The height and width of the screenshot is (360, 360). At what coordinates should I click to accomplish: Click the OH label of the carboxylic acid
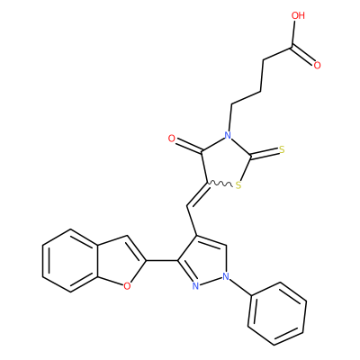pos(298,15)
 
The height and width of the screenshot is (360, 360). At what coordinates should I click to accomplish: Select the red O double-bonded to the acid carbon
pos(317,65)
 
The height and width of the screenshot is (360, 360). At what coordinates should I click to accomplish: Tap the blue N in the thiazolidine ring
pos(228,135)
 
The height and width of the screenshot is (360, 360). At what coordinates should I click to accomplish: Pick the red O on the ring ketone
pos(172,139)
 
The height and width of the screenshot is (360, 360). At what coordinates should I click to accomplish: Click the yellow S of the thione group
pos(282,149)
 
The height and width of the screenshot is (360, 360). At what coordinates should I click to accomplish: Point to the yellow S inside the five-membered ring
pos(238,185)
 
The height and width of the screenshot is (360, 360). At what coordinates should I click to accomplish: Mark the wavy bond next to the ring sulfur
pos(220,184)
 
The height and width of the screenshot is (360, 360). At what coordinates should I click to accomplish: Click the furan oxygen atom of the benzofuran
pos(127,286)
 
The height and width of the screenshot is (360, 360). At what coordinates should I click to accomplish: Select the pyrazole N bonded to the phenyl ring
pos(226,276)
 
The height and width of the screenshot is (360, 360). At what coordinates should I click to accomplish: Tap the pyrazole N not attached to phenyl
pos(195,286)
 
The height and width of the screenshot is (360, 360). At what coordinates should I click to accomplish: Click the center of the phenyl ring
pos(277,313)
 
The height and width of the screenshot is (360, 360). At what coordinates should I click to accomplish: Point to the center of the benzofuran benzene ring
pos(70,260)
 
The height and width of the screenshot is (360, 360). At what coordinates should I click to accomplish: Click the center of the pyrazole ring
pos(204,262)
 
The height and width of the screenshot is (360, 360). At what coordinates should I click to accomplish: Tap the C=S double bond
pos(265,153)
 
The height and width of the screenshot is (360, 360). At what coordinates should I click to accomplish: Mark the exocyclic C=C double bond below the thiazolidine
pos(198,194)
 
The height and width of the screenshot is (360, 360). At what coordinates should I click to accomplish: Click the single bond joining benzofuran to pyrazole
pos(162,260)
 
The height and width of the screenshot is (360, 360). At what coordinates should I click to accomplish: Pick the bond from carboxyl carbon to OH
pos(293,34)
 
